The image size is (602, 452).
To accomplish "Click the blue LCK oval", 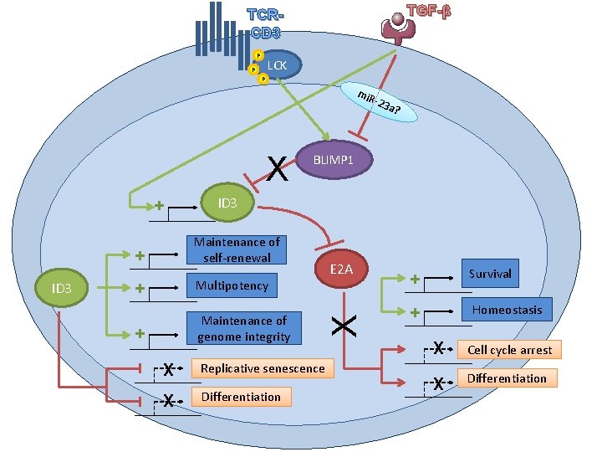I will click(x=278, y=65).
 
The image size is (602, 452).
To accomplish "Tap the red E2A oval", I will click(x=340, y=269).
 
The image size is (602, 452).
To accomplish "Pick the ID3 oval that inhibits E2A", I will click(x=227, y=203).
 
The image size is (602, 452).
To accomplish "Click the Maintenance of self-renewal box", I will click(x=237, y=249).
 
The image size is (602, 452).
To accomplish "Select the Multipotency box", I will click(x=232, y=285).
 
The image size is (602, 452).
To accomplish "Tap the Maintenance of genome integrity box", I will click(x=243, y=328).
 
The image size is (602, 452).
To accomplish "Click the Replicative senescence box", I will click(x=262, y=368).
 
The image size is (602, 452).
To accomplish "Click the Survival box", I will click(x=490, y=274).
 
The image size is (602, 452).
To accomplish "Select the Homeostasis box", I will click(x=507, y=310).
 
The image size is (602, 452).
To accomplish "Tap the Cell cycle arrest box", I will click(x=509, y=349).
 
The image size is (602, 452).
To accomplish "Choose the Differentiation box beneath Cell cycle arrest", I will click(x=507, y=378).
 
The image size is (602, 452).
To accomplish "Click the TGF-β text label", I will click(x=428, y=13).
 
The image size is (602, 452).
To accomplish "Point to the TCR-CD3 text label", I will click(x=265, y=24).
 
